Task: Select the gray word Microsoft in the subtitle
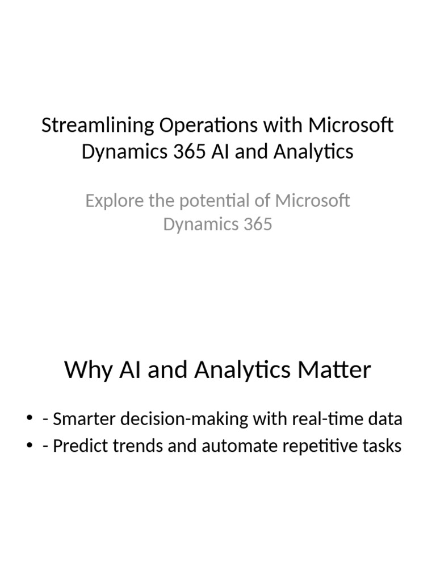(x=312, y=201)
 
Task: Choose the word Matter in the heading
(x=339, y=370)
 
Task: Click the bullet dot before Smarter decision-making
(x=30, y=420)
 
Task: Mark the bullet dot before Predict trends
(x=30, y=446)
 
